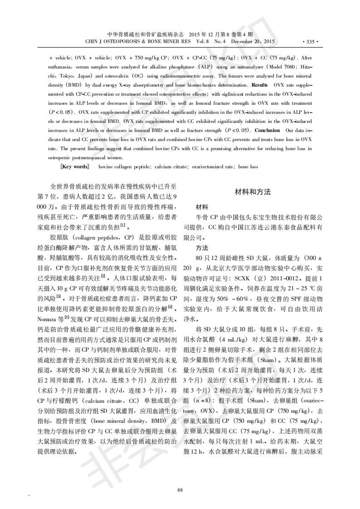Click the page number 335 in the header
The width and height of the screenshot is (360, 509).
point(310,42)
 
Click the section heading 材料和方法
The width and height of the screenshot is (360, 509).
point(252,192)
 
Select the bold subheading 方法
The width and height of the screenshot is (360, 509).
point(202,248)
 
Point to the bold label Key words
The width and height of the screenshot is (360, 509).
point(75,166)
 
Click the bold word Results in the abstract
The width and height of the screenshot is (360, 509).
point(259,85)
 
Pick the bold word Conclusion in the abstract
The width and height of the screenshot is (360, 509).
point(267,130)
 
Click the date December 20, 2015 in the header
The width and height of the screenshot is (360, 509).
point(253,42)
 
